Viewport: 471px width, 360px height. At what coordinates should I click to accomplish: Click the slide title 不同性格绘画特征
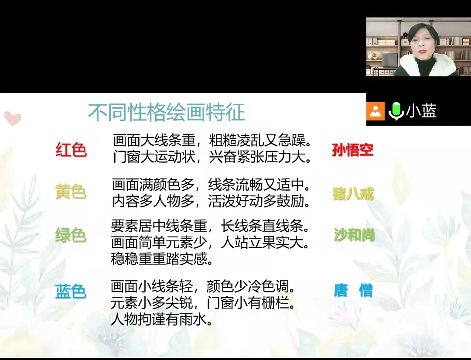tap(167, 112)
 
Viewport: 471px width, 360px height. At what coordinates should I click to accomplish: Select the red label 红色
tap(71, 149)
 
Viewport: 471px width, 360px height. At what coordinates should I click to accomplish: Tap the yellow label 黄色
tap(71, 192)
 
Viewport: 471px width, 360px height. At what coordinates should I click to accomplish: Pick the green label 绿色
tap(71, 235)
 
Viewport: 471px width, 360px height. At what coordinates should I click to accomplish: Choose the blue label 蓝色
tap(71, 291)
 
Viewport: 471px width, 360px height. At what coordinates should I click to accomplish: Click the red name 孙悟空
tap(353, 150)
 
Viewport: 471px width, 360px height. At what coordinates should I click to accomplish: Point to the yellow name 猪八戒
tap(353, 193)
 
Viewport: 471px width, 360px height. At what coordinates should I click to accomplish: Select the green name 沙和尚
tap(354, 235)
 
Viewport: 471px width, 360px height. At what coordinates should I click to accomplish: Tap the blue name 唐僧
tap(353, 290)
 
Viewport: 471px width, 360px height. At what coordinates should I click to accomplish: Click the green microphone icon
tap(396, 111)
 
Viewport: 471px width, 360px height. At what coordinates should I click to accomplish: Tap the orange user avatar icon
tap(375, 111)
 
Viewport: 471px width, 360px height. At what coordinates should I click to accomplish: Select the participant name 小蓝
tap(421, 110)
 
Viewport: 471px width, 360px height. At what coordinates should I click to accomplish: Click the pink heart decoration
tap(13, 118)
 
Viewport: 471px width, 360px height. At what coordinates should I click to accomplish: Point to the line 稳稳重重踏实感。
tap(162, 258)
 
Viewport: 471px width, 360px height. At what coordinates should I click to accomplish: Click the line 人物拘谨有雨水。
tap(162, 319)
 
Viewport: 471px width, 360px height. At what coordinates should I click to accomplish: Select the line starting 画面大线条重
tap(212, 140)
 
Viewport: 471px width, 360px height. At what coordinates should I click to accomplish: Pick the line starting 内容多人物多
tap(212, 201)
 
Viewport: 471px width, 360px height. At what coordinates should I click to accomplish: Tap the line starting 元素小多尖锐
tap(203, 303)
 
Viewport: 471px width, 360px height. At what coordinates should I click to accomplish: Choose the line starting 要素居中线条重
tap(211, 226)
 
